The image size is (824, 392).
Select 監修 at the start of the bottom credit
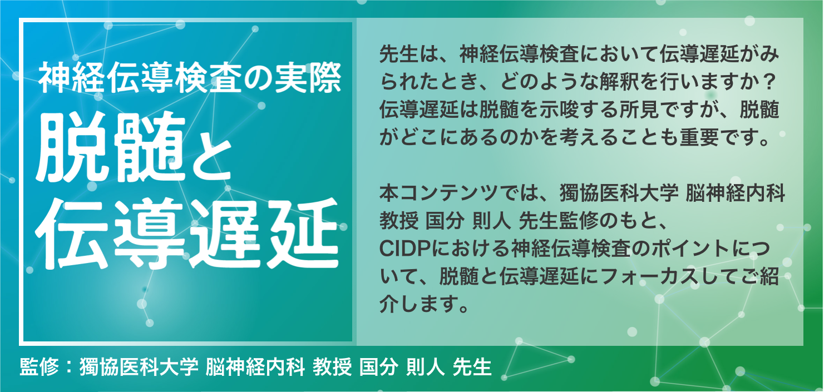(x=39, y=366)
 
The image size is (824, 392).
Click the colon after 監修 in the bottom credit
(x=69, y=368)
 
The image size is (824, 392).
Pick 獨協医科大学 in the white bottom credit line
(x=139, y=366)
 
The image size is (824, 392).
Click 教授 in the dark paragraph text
(x=399, y=221)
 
